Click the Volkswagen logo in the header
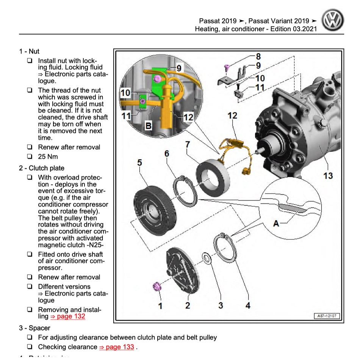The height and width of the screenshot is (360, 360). [x=332, y=20]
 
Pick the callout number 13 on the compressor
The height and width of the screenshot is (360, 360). [x=328, y=176]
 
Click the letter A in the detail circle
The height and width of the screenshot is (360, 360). [x=276, y=224]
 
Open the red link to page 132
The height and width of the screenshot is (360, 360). [x=67, y=316]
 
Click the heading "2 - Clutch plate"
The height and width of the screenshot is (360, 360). [x=42, y=168]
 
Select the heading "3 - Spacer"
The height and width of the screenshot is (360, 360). [x=34, y=328]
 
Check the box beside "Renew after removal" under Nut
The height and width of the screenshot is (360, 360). [x=30, y=147]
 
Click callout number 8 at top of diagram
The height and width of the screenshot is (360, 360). [x=258, y=56]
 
